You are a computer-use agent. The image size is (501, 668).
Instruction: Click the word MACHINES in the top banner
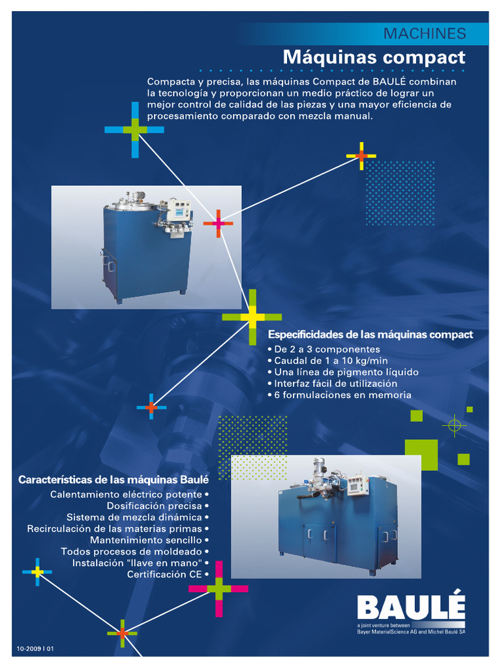point(424,33)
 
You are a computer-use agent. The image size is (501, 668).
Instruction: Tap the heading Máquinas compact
point(374,57)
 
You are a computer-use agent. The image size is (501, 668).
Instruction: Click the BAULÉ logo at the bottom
point(411,609)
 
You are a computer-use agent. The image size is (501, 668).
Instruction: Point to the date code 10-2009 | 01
point(35,648)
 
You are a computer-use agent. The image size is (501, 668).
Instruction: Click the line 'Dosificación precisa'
point(155,506)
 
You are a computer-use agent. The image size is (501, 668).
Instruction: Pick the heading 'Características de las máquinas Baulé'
point(114,480)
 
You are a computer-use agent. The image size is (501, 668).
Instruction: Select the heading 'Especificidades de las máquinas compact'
point(371,335)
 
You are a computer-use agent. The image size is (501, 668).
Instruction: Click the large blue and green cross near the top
point(134,129)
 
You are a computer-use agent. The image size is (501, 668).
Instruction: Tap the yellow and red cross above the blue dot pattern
point(361,156)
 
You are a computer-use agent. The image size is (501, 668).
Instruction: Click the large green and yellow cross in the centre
point(252,317)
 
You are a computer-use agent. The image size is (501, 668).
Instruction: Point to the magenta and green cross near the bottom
point(219,588)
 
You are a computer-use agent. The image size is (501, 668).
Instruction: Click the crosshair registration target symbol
point(454,425)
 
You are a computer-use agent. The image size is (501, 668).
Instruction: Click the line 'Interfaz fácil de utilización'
point(335,384)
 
